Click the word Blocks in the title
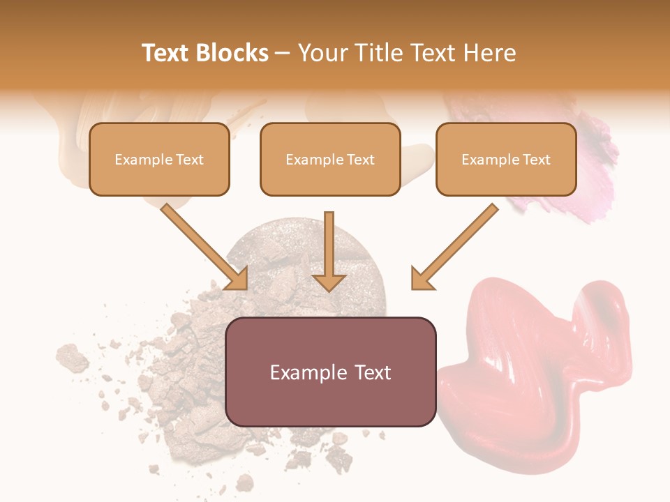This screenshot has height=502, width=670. click(232, 53)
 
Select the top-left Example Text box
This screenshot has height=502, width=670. click(159, 160)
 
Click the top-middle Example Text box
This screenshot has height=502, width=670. click(330, 160)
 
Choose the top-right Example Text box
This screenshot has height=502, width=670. click(506, 160)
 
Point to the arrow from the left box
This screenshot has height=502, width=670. click(202, 244)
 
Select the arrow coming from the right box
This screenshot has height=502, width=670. click(457, 244)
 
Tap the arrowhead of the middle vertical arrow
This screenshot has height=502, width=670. click(329, 282)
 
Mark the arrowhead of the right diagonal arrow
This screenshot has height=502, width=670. click(422, 278)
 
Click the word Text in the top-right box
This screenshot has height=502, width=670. click(536, 160)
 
